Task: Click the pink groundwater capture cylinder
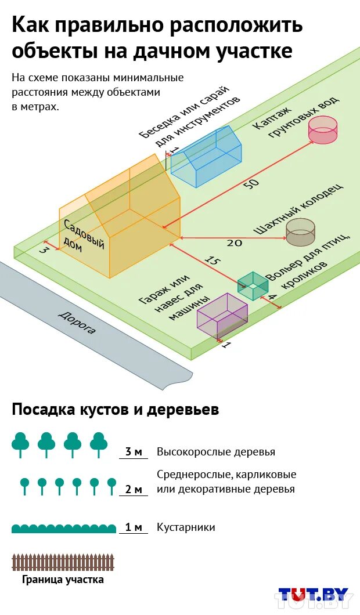click(x=322, y=129)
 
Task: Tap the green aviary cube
click(x=253, y=285)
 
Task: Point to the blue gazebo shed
click(x=208, y=157)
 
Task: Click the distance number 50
click(x=251, y=184)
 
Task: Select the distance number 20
click(x=234, y=243)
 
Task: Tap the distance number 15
click(x=213, y=262)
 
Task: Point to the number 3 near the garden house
click(x=43, y=251)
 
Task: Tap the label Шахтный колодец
click(x=298, y=209)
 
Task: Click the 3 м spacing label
click(x=134, y=452)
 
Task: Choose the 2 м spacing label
click(x=134, y=489)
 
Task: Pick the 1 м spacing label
click(x=134, y=527)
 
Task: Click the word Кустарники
click(x=186, y=527)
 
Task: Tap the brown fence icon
click(x=63, y=562)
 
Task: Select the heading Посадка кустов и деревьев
click(x=116, y=410)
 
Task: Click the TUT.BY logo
click(x=314, y=596)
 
